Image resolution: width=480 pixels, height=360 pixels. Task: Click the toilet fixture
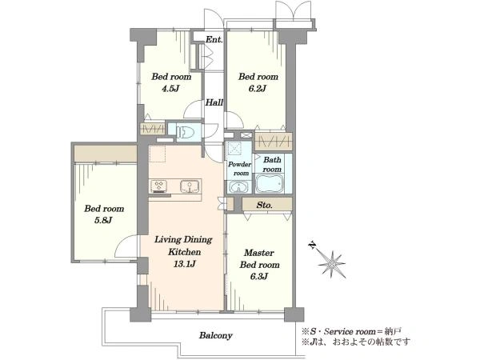coord(187,132)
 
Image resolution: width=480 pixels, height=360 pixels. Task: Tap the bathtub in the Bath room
coord(270,183)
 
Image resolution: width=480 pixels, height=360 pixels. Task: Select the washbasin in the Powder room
coord(238,186)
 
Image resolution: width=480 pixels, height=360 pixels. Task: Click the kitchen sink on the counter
coord(190,186)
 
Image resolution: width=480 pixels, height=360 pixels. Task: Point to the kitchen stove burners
coord(158,186)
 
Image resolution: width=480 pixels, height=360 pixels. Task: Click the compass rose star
coord(332,264)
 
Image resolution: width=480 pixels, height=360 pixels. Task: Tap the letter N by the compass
coord(312,245)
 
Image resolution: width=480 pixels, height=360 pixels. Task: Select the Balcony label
coord(216,335)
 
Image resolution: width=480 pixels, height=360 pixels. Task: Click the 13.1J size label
coord(184,263)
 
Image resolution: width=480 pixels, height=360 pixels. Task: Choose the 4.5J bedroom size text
coord(170,89)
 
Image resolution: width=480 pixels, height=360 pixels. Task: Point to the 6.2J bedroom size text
coord(258,89)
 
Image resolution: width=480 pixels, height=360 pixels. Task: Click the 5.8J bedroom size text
coord(103,220)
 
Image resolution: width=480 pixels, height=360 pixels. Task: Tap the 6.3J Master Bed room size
coord(259,277)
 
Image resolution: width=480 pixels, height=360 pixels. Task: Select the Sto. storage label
coord(265,205)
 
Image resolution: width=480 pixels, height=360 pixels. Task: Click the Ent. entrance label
coord(214,39)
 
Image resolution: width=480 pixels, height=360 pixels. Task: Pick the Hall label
coord(214,102)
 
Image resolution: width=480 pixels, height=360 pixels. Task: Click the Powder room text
coord(240,169)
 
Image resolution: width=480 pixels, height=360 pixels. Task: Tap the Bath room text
coord(272,164)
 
